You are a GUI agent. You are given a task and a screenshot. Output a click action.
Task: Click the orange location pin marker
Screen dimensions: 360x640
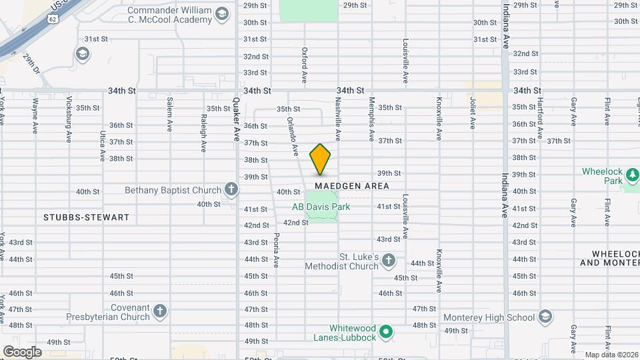click(x=320, y=159)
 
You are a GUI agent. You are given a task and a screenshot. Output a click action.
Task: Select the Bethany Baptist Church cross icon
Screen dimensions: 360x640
click(x=231, y=191)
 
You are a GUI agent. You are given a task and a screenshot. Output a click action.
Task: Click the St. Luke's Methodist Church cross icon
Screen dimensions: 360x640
click(x=388, y=261)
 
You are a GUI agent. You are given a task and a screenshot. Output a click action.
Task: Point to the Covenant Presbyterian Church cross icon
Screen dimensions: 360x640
click(x=159, y=311)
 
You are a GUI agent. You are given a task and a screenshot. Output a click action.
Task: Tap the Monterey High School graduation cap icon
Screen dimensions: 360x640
click(x=545, y=317)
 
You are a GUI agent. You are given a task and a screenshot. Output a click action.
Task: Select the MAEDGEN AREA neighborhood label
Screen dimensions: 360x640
click(x=357, y=186)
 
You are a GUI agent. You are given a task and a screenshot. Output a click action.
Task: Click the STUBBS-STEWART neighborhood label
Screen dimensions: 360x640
click(x=86, y=217)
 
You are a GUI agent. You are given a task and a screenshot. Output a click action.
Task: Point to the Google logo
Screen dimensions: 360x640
click(x=21, y=351)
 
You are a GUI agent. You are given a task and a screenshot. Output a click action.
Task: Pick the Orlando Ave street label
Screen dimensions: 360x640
click(x=291, y=136)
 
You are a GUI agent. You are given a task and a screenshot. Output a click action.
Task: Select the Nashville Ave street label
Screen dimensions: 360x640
click(x=338, y=120)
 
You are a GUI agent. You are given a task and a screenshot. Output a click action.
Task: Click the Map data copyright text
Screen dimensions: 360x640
click(x=611, y=355)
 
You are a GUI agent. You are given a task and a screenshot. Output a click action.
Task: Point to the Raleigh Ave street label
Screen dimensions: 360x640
click(x=204, y=133)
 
